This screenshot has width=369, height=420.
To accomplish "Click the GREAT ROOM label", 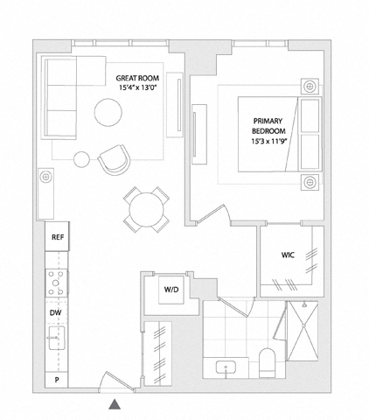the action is [137, 78].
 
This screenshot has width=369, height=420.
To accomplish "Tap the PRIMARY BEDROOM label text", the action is [268, 126].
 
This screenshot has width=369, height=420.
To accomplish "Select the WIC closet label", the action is [288, 255].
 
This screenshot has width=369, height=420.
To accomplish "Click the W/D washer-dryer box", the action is [171, 290].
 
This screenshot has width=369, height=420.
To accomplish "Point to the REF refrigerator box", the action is [57, 236].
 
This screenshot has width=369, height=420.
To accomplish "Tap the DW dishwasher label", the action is [55, 313].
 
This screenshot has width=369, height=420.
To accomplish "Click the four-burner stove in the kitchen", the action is [56, 283].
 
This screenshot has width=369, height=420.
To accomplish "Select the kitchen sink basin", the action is [57, 338].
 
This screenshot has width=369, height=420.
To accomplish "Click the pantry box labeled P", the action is [57, 380].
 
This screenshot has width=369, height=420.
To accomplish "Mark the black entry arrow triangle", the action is [115, 404].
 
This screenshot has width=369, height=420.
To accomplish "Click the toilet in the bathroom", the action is [267, 363].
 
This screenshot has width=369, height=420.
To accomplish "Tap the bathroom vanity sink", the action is [226, 368].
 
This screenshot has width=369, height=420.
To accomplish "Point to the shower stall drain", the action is [303, 325].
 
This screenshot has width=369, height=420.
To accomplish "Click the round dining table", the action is [147, 209].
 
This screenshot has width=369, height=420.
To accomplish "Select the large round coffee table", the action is [108, 112].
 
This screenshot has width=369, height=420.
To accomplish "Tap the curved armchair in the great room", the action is [115, 160].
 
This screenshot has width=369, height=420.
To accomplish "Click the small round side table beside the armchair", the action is [81, 159].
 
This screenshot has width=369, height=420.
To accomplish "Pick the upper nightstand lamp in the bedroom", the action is [310, 87].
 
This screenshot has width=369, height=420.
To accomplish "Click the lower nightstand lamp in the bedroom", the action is [310, 182].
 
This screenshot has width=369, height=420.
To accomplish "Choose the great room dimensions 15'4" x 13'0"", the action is [138, 87].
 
